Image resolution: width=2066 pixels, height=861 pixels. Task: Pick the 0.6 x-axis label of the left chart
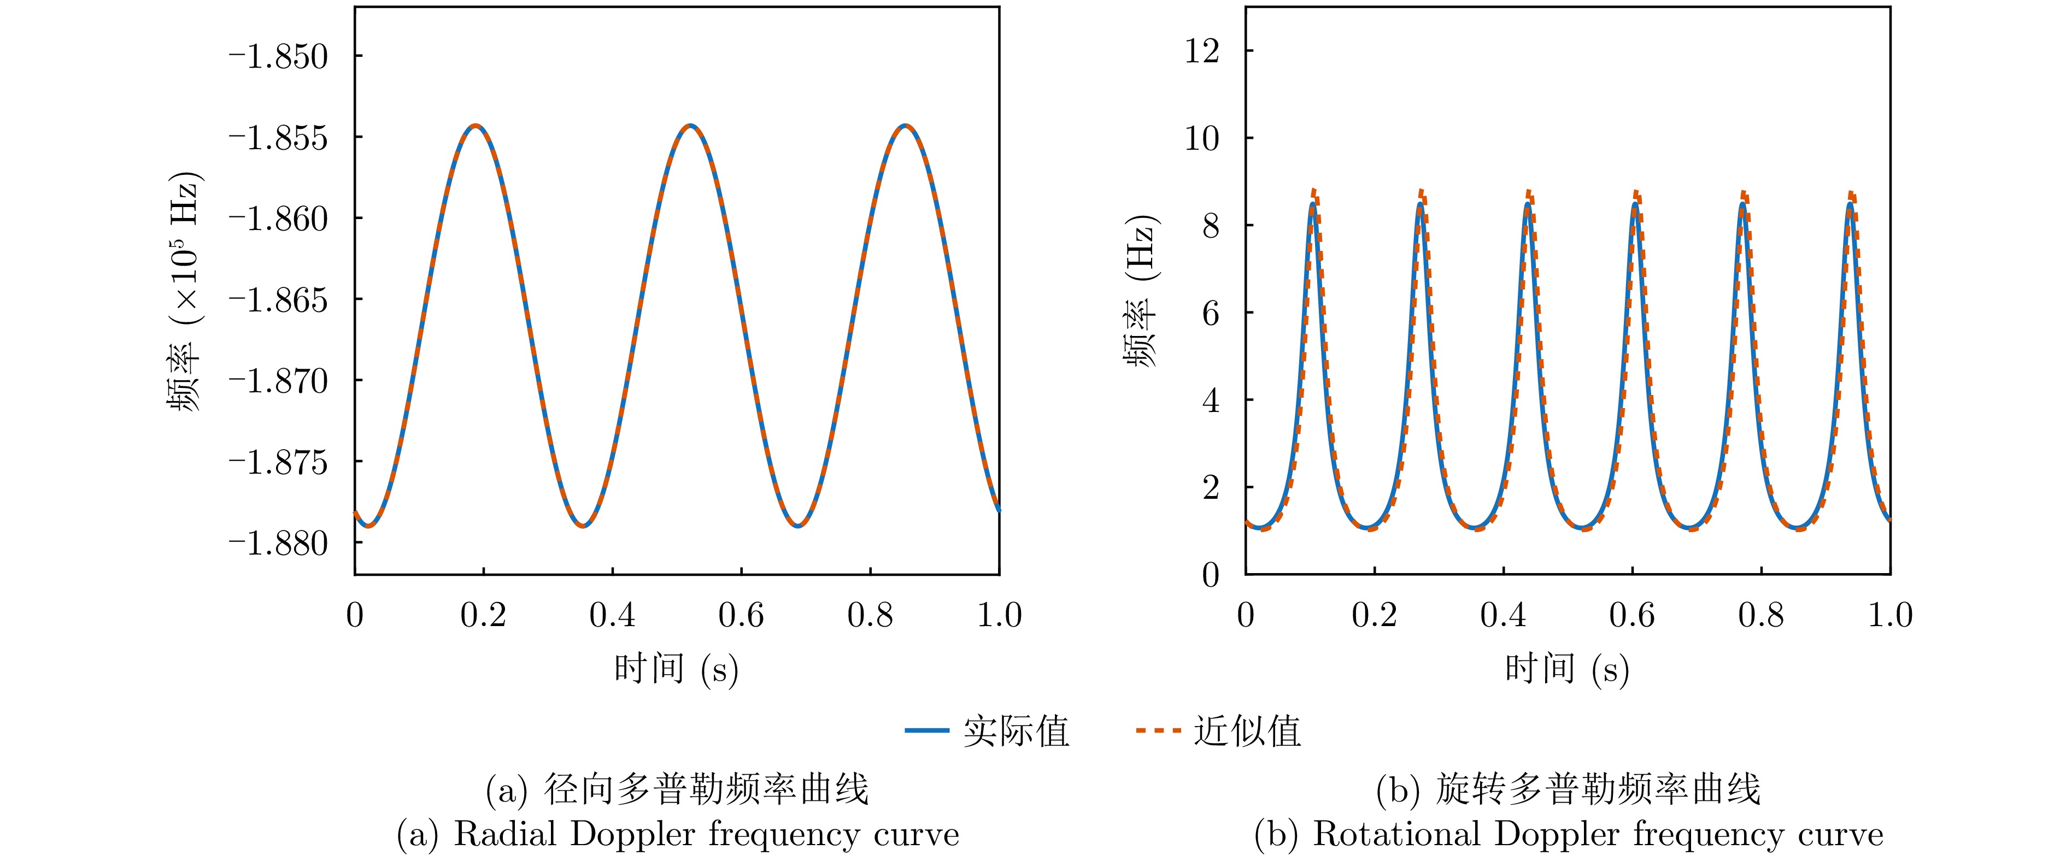coord(741,616)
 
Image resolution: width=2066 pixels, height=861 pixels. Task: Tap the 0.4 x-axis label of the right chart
coord(1503,616)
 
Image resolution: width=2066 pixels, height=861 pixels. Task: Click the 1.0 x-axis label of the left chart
coord(999,616)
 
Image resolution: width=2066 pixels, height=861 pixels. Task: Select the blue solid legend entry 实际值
coord(987,730)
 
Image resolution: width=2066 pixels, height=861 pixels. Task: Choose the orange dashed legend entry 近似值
coord(1218,730)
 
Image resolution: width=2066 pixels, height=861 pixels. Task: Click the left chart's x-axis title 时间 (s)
coord(676,669)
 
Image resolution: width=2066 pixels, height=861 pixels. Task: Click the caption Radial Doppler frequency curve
coord(678,835)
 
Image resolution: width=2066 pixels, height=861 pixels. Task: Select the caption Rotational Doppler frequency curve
coord(1568,835)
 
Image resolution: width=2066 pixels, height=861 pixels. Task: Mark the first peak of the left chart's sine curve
coord(476,126)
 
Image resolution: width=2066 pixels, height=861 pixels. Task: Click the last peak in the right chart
coord(1850,204)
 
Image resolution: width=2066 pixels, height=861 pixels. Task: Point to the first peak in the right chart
coord(1313,204)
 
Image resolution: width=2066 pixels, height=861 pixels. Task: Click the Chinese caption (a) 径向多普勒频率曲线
coord(678,789)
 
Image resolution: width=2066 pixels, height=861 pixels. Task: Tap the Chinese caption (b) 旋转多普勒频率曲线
coord(1568,789)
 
